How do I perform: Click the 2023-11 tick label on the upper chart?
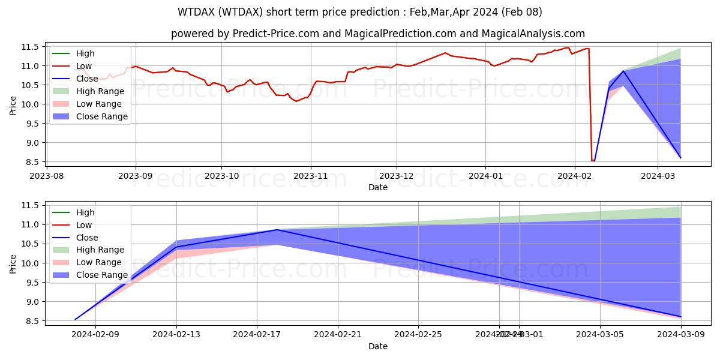pyautogui.click(x=310, y=176)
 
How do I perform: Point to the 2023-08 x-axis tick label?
pyautogui.click(x=47, y=176)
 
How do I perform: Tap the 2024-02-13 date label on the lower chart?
pyautogui.click(x=176, y=335)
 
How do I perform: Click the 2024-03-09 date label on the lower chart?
pyautogui.click(x=681, y=335)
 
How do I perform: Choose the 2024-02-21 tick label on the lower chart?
pyautogui.click(x=338, y=335)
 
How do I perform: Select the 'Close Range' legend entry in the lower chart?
pyautogui.click(x=101, y=275)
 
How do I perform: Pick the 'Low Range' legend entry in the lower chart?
pyautogui.click(x=99, y=262)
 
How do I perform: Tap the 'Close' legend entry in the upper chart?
pyautogui.click(x=87, y=79)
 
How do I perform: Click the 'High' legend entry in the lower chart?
pyautogui.click(x=85, y=212)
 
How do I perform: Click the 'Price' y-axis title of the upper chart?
pyautogui.click(x=13, y=105)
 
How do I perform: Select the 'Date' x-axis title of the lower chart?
pyautogui.click(x=378, y=346)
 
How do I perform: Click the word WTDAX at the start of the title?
pyautogui.click(x=194, y=12)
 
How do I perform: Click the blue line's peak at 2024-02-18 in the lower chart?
pyautogui.click(x=277, y=230)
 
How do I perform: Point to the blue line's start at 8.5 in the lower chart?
pyautogui.click(x=75, y=319)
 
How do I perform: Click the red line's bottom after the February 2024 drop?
pyautogui.click(x=593, y=161)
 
